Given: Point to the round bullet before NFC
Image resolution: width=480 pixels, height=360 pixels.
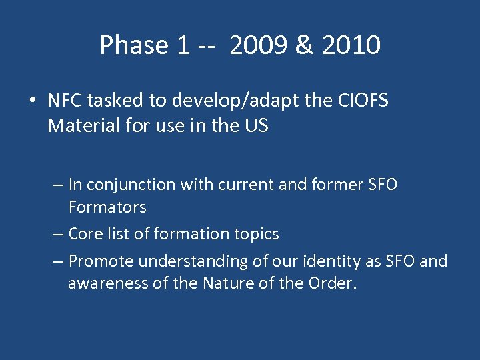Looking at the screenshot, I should pos(31,101).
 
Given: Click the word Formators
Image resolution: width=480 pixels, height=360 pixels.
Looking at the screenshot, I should pos(107,207).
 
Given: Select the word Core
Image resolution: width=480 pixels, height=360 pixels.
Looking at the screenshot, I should pos(84,234).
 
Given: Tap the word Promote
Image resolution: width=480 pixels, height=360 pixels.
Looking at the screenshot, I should pos(99,261).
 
